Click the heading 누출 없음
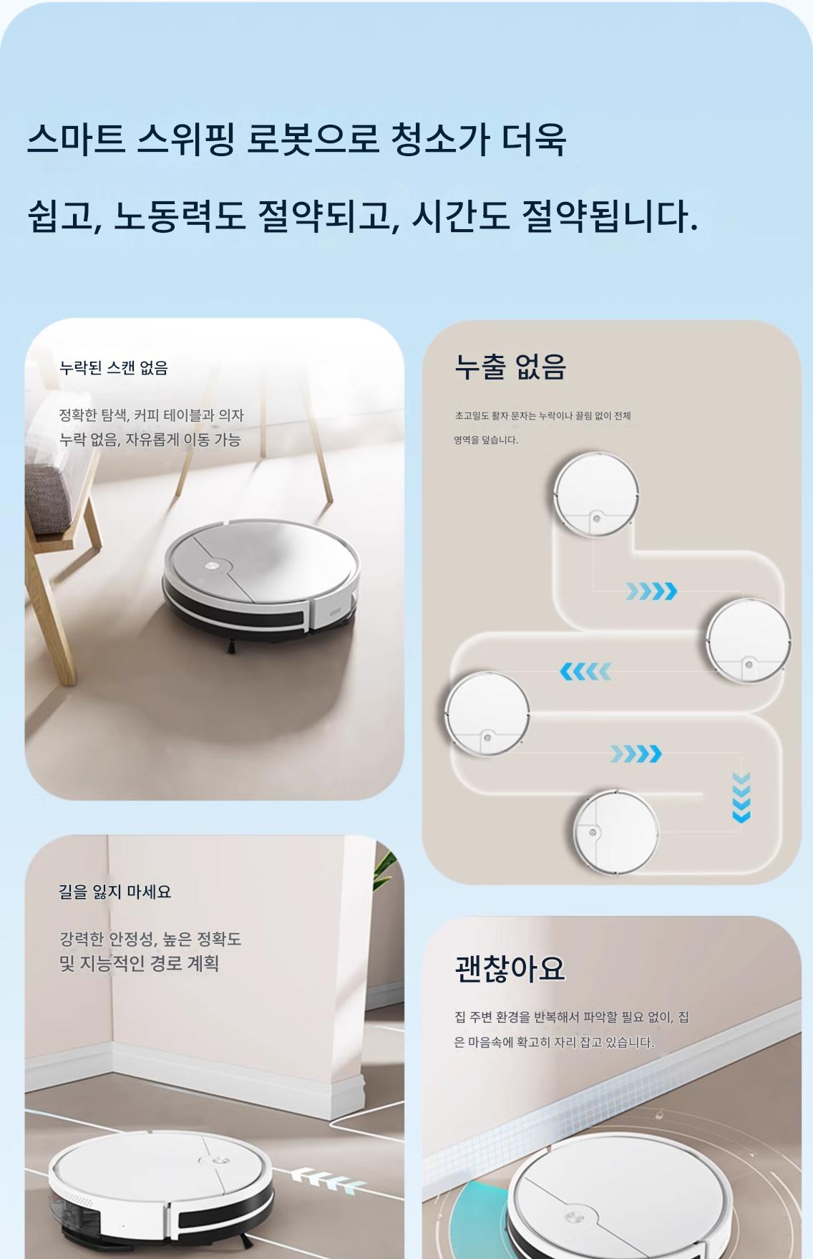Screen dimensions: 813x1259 tap(510, 367)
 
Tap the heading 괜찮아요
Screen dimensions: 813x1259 tap(510, 968)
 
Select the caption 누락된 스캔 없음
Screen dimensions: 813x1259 tap(114, 368)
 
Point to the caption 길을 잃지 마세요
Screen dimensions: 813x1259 tap(115, 892)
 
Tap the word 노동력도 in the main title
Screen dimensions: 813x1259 tap(180, 215)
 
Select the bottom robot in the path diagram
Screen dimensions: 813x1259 tap(616, 831)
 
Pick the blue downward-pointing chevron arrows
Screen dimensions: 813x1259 tap(741, 798)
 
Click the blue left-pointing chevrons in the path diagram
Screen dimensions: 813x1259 tap(585, 672)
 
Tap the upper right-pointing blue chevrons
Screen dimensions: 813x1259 tap(651, 592)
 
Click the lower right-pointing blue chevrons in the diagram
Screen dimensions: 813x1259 tap(636, 753)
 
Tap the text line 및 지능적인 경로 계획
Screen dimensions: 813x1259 tap(140, 963)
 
